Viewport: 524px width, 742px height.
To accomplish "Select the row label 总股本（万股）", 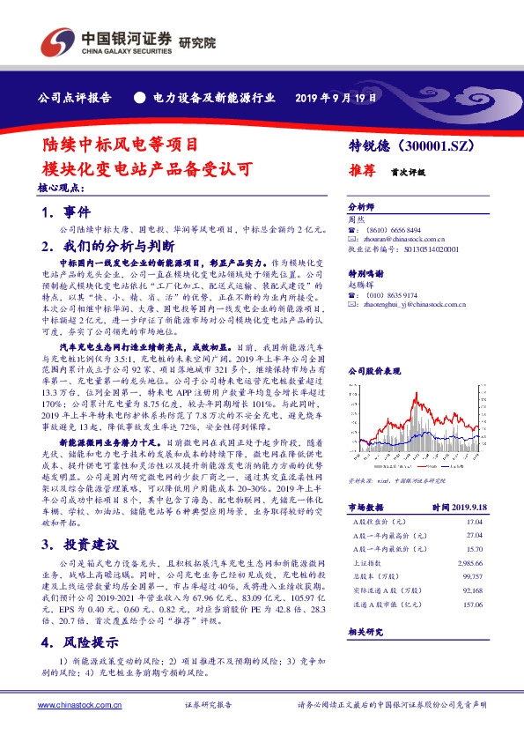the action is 367,575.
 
